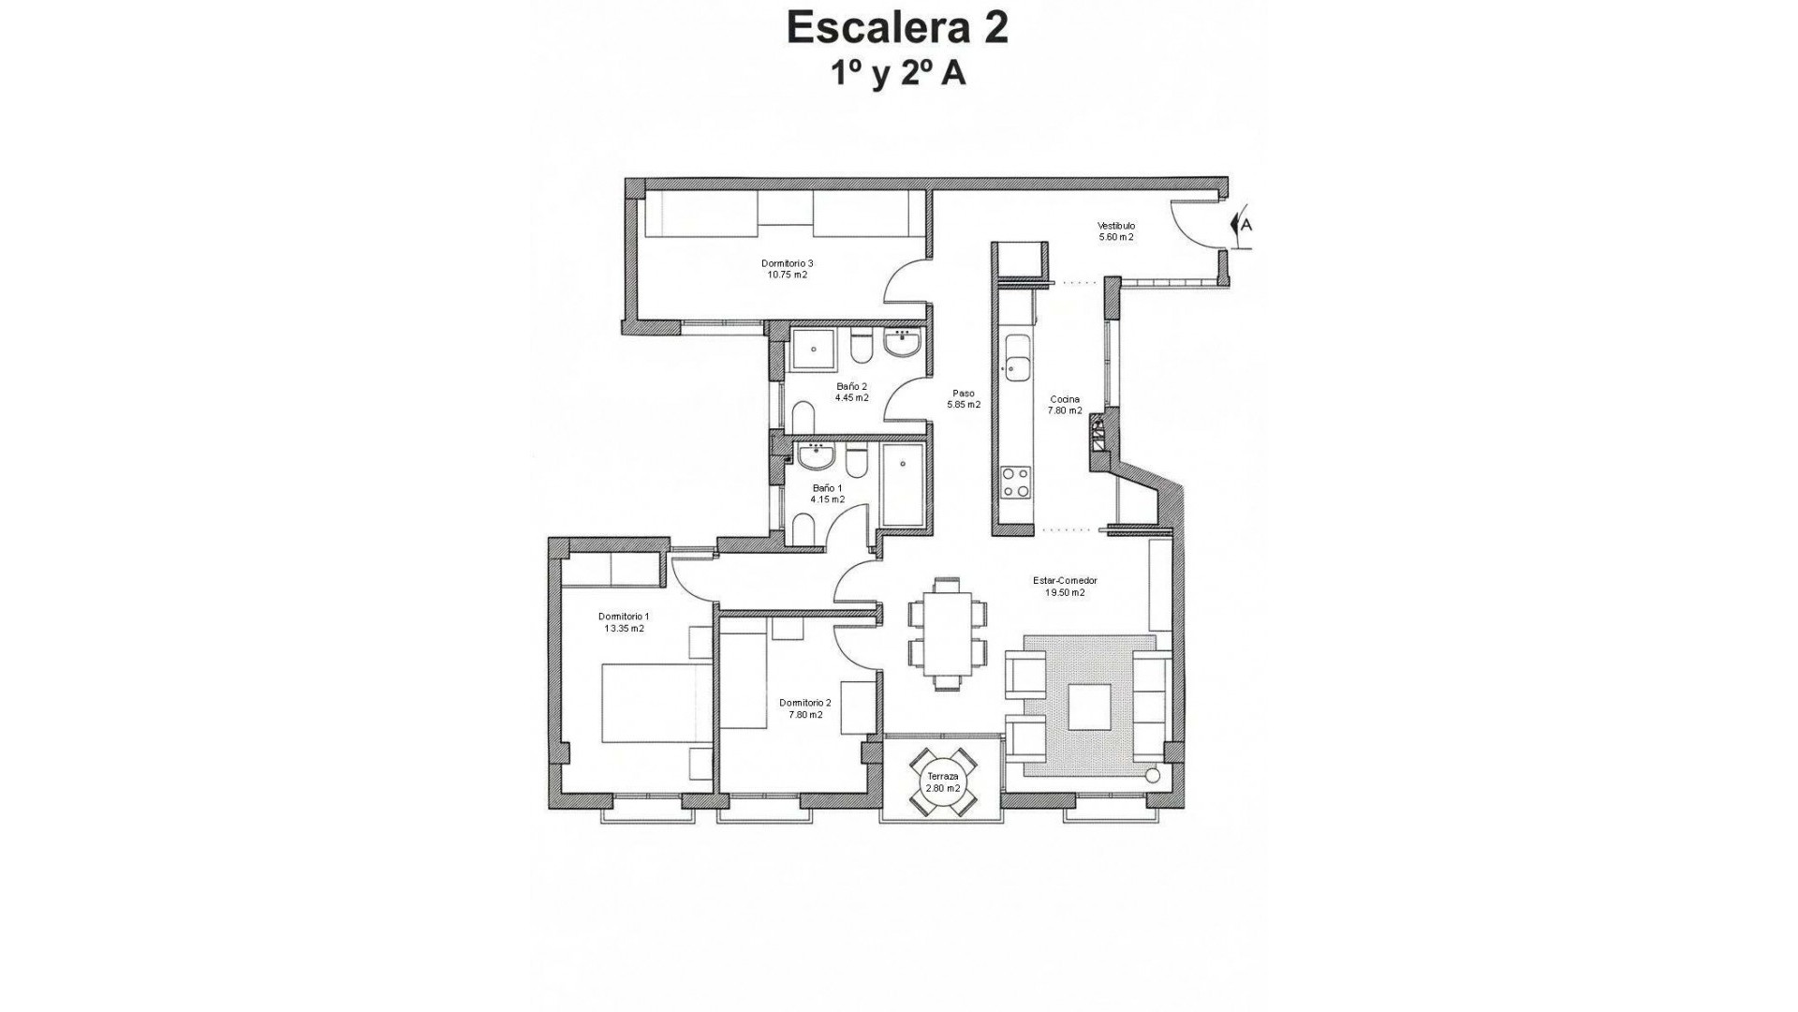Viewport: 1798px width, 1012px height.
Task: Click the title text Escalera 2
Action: pyautogui.click(x=897, y=28)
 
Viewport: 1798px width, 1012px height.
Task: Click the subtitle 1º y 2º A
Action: pyautogui.click(x=897, y=74)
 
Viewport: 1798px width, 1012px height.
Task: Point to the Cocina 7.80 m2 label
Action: pyautogui.click(x=1065, y=405)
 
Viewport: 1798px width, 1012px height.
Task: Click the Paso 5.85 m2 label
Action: pyautogui.click(x=964, y=399)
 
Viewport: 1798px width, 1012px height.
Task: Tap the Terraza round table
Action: pyautogui.click(x=943, y=782)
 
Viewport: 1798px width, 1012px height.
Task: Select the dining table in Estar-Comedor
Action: pyautogui.click(x=946, y=634)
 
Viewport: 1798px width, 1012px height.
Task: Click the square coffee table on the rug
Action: pyautogui.click(x=1089, y=707)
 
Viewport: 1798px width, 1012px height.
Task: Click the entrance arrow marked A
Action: pyautogui.click(x=1243, y=225)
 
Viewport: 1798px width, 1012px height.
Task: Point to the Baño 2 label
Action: pyautogui.click(x=852, y=392)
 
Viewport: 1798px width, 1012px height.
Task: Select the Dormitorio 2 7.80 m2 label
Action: pyautogui.click(x=804, y=708)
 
